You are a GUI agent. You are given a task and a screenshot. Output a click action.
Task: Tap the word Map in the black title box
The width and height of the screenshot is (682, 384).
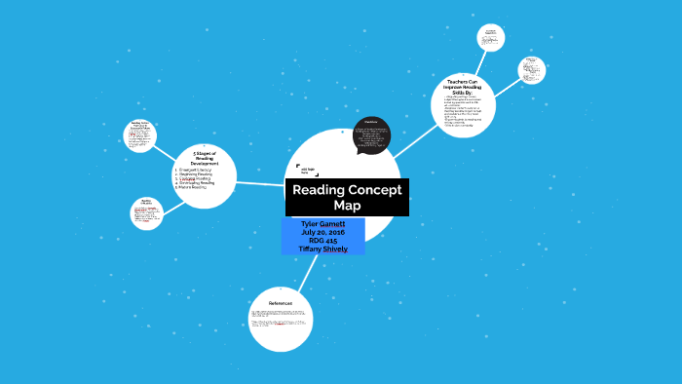(x=347, y=206)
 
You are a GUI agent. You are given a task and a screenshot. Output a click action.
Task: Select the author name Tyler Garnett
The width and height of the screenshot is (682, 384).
(x=322, y=224)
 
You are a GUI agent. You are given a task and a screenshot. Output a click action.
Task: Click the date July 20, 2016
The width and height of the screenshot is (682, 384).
(x=322, y=232)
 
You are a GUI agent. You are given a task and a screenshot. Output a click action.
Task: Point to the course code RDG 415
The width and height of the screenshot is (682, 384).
(x=322, y=241)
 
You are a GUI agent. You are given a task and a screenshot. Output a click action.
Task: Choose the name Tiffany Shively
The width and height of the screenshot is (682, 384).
(x=322, y=250)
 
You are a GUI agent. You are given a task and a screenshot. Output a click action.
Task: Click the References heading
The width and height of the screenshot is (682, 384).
(x=281, y=303)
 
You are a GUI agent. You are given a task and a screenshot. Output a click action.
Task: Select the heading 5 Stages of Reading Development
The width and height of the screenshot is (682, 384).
(x=205, y=158)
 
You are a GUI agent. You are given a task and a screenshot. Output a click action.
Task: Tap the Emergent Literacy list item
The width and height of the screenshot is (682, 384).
(x=195, y=170)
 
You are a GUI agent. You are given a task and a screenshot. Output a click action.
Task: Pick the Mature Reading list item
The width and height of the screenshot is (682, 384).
(x=193, y=187)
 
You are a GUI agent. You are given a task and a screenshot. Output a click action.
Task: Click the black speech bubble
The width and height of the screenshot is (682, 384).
(x=371, y=136)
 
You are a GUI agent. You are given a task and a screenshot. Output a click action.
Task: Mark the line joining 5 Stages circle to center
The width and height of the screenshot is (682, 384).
(x=260, y=182)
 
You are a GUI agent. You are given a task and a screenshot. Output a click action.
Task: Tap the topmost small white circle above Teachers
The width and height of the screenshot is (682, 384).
(x=491, y=37)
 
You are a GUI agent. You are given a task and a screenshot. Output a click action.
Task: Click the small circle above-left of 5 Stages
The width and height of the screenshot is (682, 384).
(x=139, y=135)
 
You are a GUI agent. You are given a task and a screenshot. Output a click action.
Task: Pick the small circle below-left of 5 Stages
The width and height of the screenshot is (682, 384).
(x=146, y=211)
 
